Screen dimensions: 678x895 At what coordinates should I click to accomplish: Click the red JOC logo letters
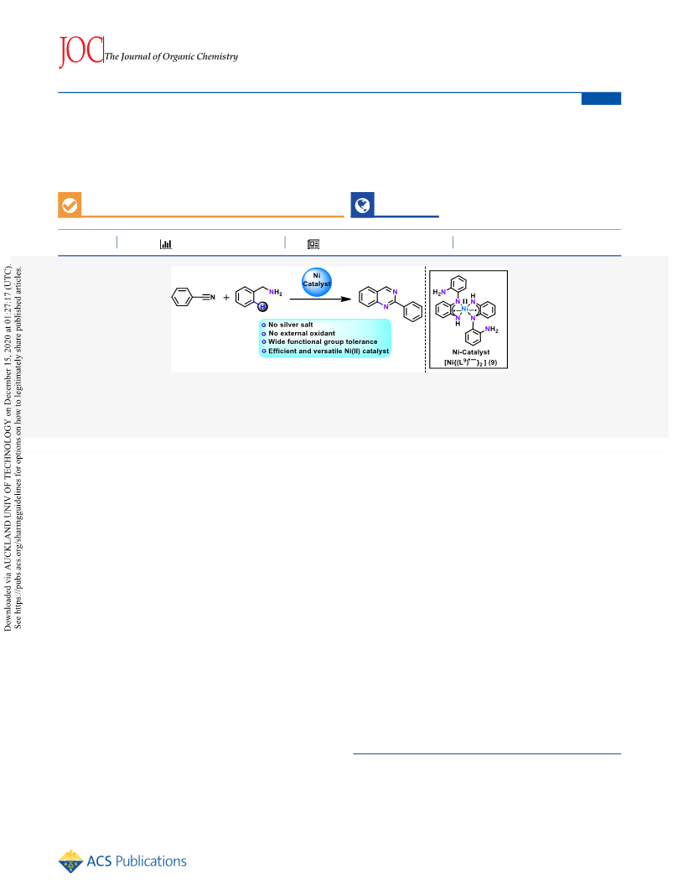tap(81, 51)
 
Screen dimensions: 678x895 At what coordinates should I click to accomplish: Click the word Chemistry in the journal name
tap(217, 56)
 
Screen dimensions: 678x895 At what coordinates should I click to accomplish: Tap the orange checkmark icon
tap(70, 205)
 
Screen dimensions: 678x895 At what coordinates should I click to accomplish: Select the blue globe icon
tap(362, 205)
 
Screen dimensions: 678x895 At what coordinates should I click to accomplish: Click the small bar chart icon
tap(166, 244)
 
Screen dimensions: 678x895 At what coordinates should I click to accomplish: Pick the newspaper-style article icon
tap(313, 244)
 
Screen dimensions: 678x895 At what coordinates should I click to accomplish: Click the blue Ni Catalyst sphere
tap(317, 282)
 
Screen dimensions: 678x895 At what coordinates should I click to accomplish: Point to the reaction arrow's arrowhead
tap(345, 299)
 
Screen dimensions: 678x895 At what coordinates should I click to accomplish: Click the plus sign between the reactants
tap(226, 298)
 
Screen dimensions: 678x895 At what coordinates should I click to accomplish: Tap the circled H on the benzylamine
tap(262, 307)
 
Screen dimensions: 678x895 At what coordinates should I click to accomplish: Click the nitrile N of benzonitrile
tap(213, 298)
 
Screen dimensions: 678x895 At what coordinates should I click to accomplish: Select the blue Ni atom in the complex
tap(465, 309)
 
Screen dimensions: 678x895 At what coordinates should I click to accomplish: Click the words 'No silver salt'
tap(291, 325)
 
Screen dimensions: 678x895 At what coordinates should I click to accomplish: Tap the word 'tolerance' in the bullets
tap(361, 342)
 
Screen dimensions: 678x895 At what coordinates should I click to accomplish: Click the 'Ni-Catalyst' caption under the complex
tap(471, 352)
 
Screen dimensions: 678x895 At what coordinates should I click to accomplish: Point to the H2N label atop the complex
tap(439, 292)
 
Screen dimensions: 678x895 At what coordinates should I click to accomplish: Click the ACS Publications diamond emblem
tap(70, 861)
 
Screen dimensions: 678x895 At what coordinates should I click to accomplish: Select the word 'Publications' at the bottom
tap(151, 861)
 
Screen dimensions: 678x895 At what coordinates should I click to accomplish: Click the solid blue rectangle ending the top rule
tap(601, 99)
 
